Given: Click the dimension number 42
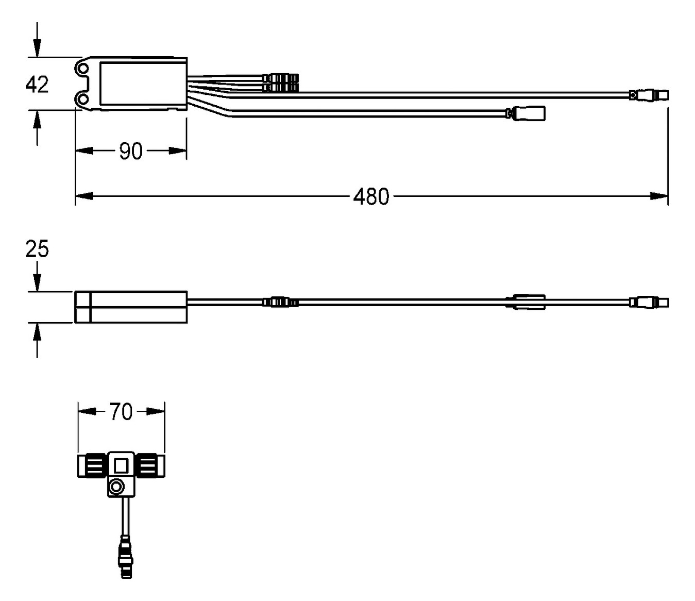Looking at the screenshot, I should click(x=37, y=85).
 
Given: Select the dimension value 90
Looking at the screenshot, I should click(x=131, y=151).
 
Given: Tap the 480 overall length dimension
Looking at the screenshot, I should click(x=371, y=197).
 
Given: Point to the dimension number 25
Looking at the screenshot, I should click(x=37, y=249).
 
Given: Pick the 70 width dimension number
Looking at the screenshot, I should click(x=121, y=412).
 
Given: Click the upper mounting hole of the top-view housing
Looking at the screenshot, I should click(x=83, y=68).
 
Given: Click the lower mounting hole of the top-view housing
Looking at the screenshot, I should click(x=83, y=98).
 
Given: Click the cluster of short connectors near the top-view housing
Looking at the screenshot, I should click(x=280, y=82).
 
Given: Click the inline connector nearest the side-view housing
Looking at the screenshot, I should click(x=280, y=302).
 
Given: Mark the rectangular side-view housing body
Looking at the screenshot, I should click(x=131, y=307).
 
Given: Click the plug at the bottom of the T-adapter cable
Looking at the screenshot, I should click(x=126, y=559).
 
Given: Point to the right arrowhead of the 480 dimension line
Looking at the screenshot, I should click(x=659, y=196).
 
